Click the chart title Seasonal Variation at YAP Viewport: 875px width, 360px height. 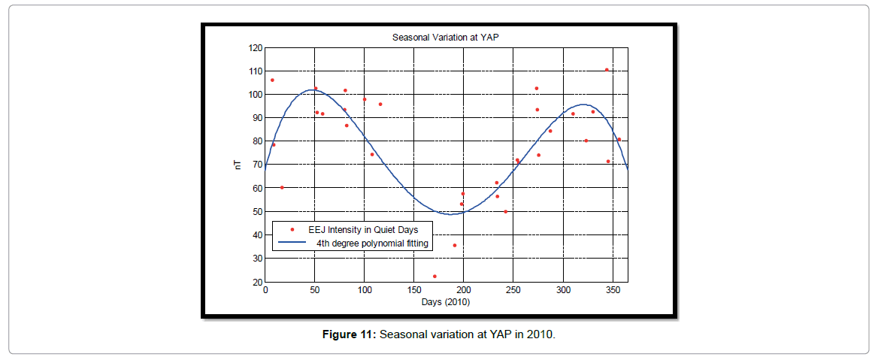(446, 37)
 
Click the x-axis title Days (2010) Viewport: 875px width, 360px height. (446, 301)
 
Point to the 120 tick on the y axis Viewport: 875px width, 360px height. (256, 48)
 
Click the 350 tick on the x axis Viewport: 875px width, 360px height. (612, 291)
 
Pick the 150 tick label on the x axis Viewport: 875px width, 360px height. (413, 291)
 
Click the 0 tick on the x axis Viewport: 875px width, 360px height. (265, 291)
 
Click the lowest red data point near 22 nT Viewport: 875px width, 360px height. (434, 277)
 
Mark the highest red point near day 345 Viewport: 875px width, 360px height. (607, 70)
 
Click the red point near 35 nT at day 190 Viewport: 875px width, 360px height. (454, 246)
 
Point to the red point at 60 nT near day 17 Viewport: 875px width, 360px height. (282, 188)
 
